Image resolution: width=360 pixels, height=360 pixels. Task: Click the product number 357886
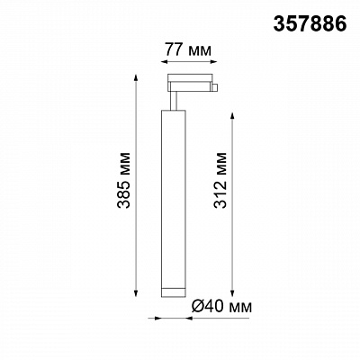[x=310, y=24]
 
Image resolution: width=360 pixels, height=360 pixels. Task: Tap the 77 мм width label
[x=188, y=49]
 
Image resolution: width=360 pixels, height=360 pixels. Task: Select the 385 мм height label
[x=124, y=180]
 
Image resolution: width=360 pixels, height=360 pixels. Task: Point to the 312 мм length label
[x=220, y=180]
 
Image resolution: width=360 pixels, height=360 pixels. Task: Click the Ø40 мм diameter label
[x=221, y=306]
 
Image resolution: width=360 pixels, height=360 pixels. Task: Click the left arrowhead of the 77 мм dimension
[x=165, y=62]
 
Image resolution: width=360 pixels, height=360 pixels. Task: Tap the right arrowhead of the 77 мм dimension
[x=213, y=62]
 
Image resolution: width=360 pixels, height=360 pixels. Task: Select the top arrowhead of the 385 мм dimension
[x=136, y=77]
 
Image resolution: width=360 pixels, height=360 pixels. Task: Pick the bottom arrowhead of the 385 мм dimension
[x=136, y=293]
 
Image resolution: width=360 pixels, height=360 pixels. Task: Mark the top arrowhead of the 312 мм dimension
[x=232, y=117]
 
